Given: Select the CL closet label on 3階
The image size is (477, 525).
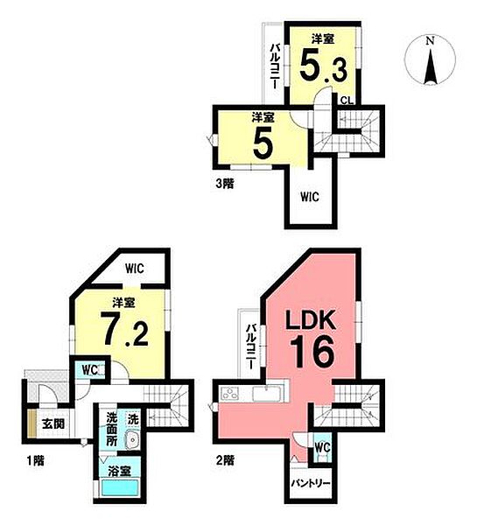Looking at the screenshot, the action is pos(347,100).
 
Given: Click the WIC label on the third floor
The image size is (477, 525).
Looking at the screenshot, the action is pos(310,197).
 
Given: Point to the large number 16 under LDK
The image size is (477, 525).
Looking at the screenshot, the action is pos(312,351).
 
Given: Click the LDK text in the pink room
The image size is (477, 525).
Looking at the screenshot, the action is pos(310,320).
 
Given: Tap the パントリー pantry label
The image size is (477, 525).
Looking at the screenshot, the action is pos(310,483).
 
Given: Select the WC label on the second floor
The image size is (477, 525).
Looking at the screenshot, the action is pos(323,447).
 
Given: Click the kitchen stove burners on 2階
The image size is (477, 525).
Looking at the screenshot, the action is pos(230,394).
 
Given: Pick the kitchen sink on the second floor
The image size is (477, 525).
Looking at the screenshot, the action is pos(267,394).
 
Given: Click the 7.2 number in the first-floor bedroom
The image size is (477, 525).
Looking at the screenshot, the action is pos(126,329).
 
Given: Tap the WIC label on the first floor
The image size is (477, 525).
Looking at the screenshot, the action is pos(135,269).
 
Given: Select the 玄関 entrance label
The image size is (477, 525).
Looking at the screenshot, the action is pos(53,423).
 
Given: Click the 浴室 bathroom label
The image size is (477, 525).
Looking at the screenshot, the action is pos(119,472).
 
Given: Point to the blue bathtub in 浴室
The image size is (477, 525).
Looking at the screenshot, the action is pos(120,489).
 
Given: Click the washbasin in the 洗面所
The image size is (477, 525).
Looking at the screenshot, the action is pos(132,439).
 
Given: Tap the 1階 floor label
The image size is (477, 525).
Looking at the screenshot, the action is pos(36,461).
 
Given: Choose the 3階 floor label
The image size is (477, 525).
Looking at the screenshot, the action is pos(224,184).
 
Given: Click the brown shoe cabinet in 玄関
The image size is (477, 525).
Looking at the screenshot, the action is pos(32,423).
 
